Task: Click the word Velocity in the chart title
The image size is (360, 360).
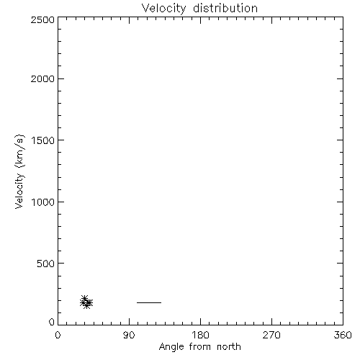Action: pyautogui.click(x=163, y=9)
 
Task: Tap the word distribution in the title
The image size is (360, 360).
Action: pyautogui.click(x=225, y=9)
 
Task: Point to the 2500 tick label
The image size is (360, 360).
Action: pyautogui.click(x=42, y=19)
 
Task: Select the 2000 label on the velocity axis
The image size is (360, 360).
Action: pyautogui.click(x=42, y=78)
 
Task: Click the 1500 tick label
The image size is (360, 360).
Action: pyautogui.click(x=43, y=140)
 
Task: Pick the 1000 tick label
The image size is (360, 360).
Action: pyautogui.click(x=43, y=202)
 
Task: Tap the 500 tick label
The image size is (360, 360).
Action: pyautogui.click(x=46, y=264)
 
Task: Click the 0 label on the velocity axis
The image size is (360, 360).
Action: pyautogui.click(x=52, y=322)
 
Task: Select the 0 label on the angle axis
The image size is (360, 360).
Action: pyautogui.click(x=58, y=335)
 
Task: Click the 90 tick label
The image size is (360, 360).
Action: pyautogui.click(x=129, y=335)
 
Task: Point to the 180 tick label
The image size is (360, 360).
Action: pyautogui.click(x=200, y=335)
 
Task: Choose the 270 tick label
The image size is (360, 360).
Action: pyautogui.click(x=271, y=335)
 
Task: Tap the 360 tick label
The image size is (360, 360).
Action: pyautogui.click(x=343, y=335)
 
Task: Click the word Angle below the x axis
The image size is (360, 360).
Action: pyautogui.click(x=171, y=347)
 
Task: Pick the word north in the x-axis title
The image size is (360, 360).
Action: pyautogui.click(x=229, y=346)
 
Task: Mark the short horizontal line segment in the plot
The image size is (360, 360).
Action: pyautogui.click(x=149, y=302)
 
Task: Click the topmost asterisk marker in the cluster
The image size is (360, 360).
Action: pyautogui.click(x=84, y=299)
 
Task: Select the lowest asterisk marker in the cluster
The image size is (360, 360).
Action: pyautogui.click(x=87, y=305)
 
